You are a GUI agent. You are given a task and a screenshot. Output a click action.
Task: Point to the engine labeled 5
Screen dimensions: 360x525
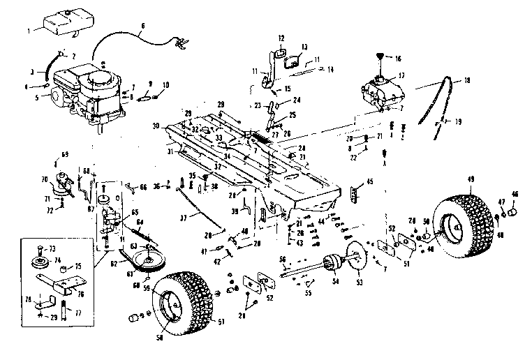[91, 91]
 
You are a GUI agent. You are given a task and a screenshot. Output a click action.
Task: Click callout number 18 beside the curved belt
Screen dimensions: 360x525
[467, 81]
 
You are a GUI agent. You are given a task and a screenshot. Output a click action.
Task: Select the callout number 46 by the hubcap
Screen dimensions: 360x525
[515, 195]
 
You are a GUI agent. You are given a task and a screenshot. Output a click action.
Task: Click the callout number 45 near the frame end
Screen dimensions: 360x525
[369, 183]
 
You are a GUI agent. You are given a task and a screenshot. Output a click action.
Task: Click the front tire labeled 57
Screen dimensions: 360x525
[183, 301]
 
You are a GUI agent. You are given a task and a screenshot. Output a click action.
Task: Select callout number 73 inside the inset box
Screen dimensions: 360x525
[50, 248]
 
